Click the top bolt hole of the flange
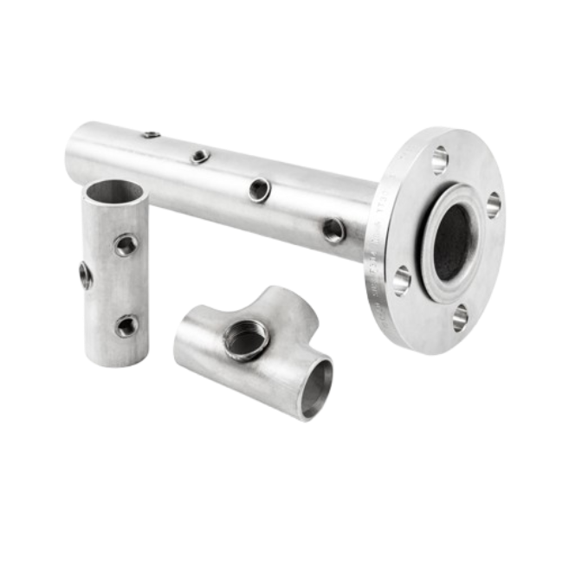click(439, 159)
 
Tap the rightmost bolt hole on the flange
click(493, 204)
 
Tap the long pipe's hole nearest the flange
click(332, 229)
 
